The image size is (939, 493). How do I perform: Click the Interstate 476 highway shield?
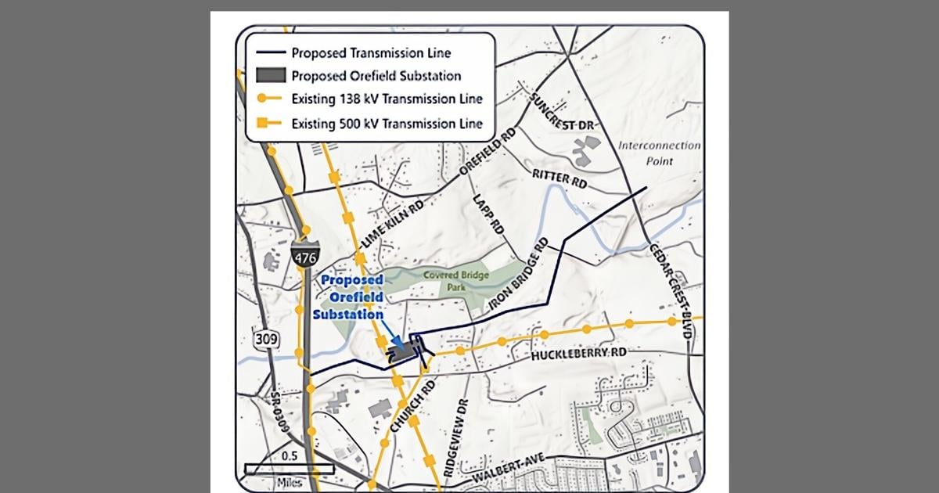tap(303, 254)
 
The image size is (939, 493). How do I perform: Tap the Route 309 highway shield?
tap(262, 340)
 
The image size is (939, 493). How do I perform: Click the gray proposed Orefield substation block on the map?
tap(402, 354)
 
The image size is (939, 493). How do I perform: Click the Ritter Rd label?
tap(559, 178)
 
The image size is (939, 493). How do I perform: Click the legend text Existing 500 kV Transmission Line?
tap(387, 123)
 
